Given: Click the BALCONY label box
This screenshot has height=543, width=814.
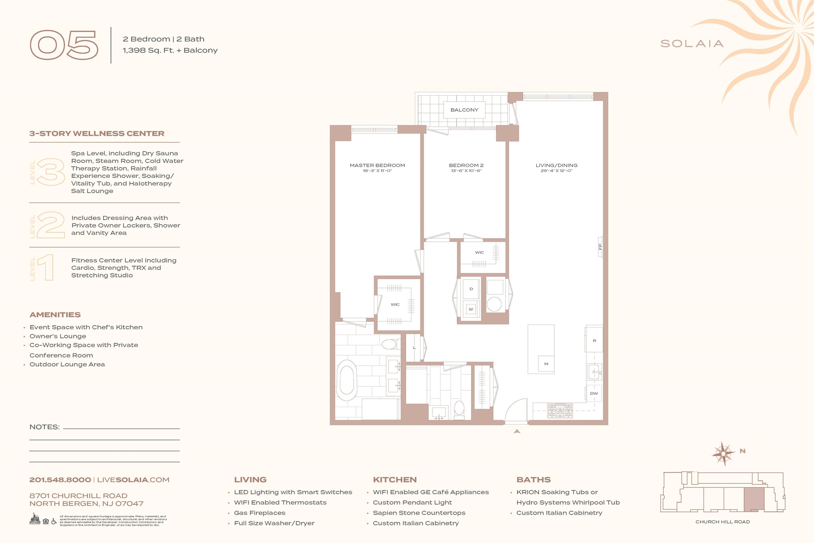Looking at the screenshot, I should (x=464, y=110).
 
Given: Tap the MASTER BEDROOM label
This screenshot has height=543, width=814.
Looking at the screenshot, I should (x=377, y=165).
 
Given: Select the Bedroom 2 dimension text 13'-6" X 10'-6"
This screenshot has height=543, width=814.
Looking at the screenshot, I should (x=466, y=171).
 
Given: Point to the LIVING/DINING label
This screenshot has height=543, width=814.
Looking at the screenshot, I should (x=556, y=165).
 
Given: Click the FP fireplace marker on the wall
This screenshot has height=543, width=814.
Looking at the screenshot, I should (x=600, y=247).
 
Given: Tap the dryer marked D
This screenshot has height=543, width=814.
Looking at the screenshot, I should (x=471, y=289).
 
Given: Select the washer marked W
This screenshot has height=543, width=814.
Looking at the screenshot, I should (x=471, y=309).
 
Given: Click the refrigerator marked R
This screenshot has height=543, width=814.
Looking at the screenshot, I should (x=594, y=340).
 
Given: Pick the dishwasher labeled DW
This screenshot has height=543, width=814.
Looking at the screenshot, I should (x=594, y=393).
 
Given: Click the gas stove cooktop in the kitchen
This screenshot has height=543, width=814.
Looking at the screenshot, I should (x=560, y=410).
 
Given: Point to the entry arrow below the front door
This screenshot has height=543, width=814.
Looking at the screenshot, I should (x=517, y=431).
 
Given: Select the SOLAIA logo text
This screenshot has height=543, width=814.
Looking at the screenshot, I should (x=692, y=44).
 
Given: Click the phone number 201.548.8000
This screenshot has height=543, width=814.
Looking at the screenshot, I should (x=60, y=480).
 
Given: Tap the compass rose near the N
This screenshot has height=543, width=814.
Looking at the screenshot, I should (x=723, y=453).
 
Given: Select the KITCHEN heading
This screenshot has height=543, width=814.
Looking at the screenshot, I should (x=395, y=480).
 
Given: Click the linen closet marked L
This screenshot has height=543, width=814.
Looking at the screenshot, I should (x=414, y=347).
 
